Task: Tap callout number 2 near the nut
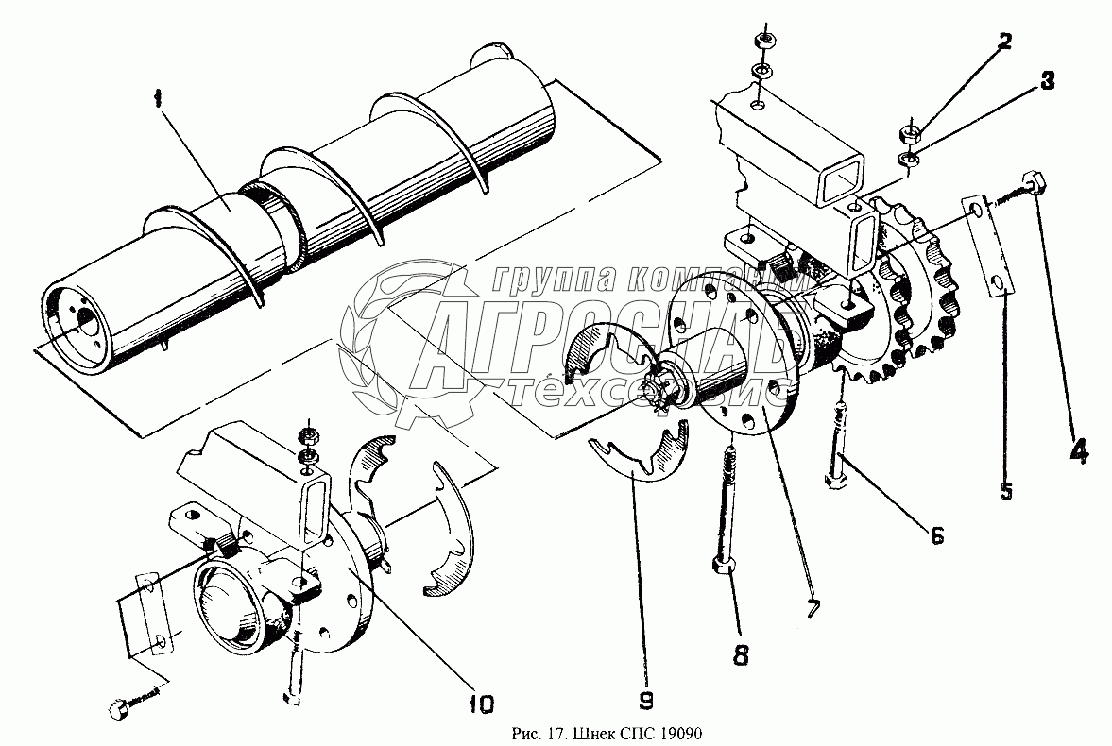tap(1003, 41)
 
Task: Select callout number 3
tap(1047, 82)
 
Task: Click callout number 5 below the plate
tap(1007, 490)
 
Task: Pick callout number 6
tap(935, 535)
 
